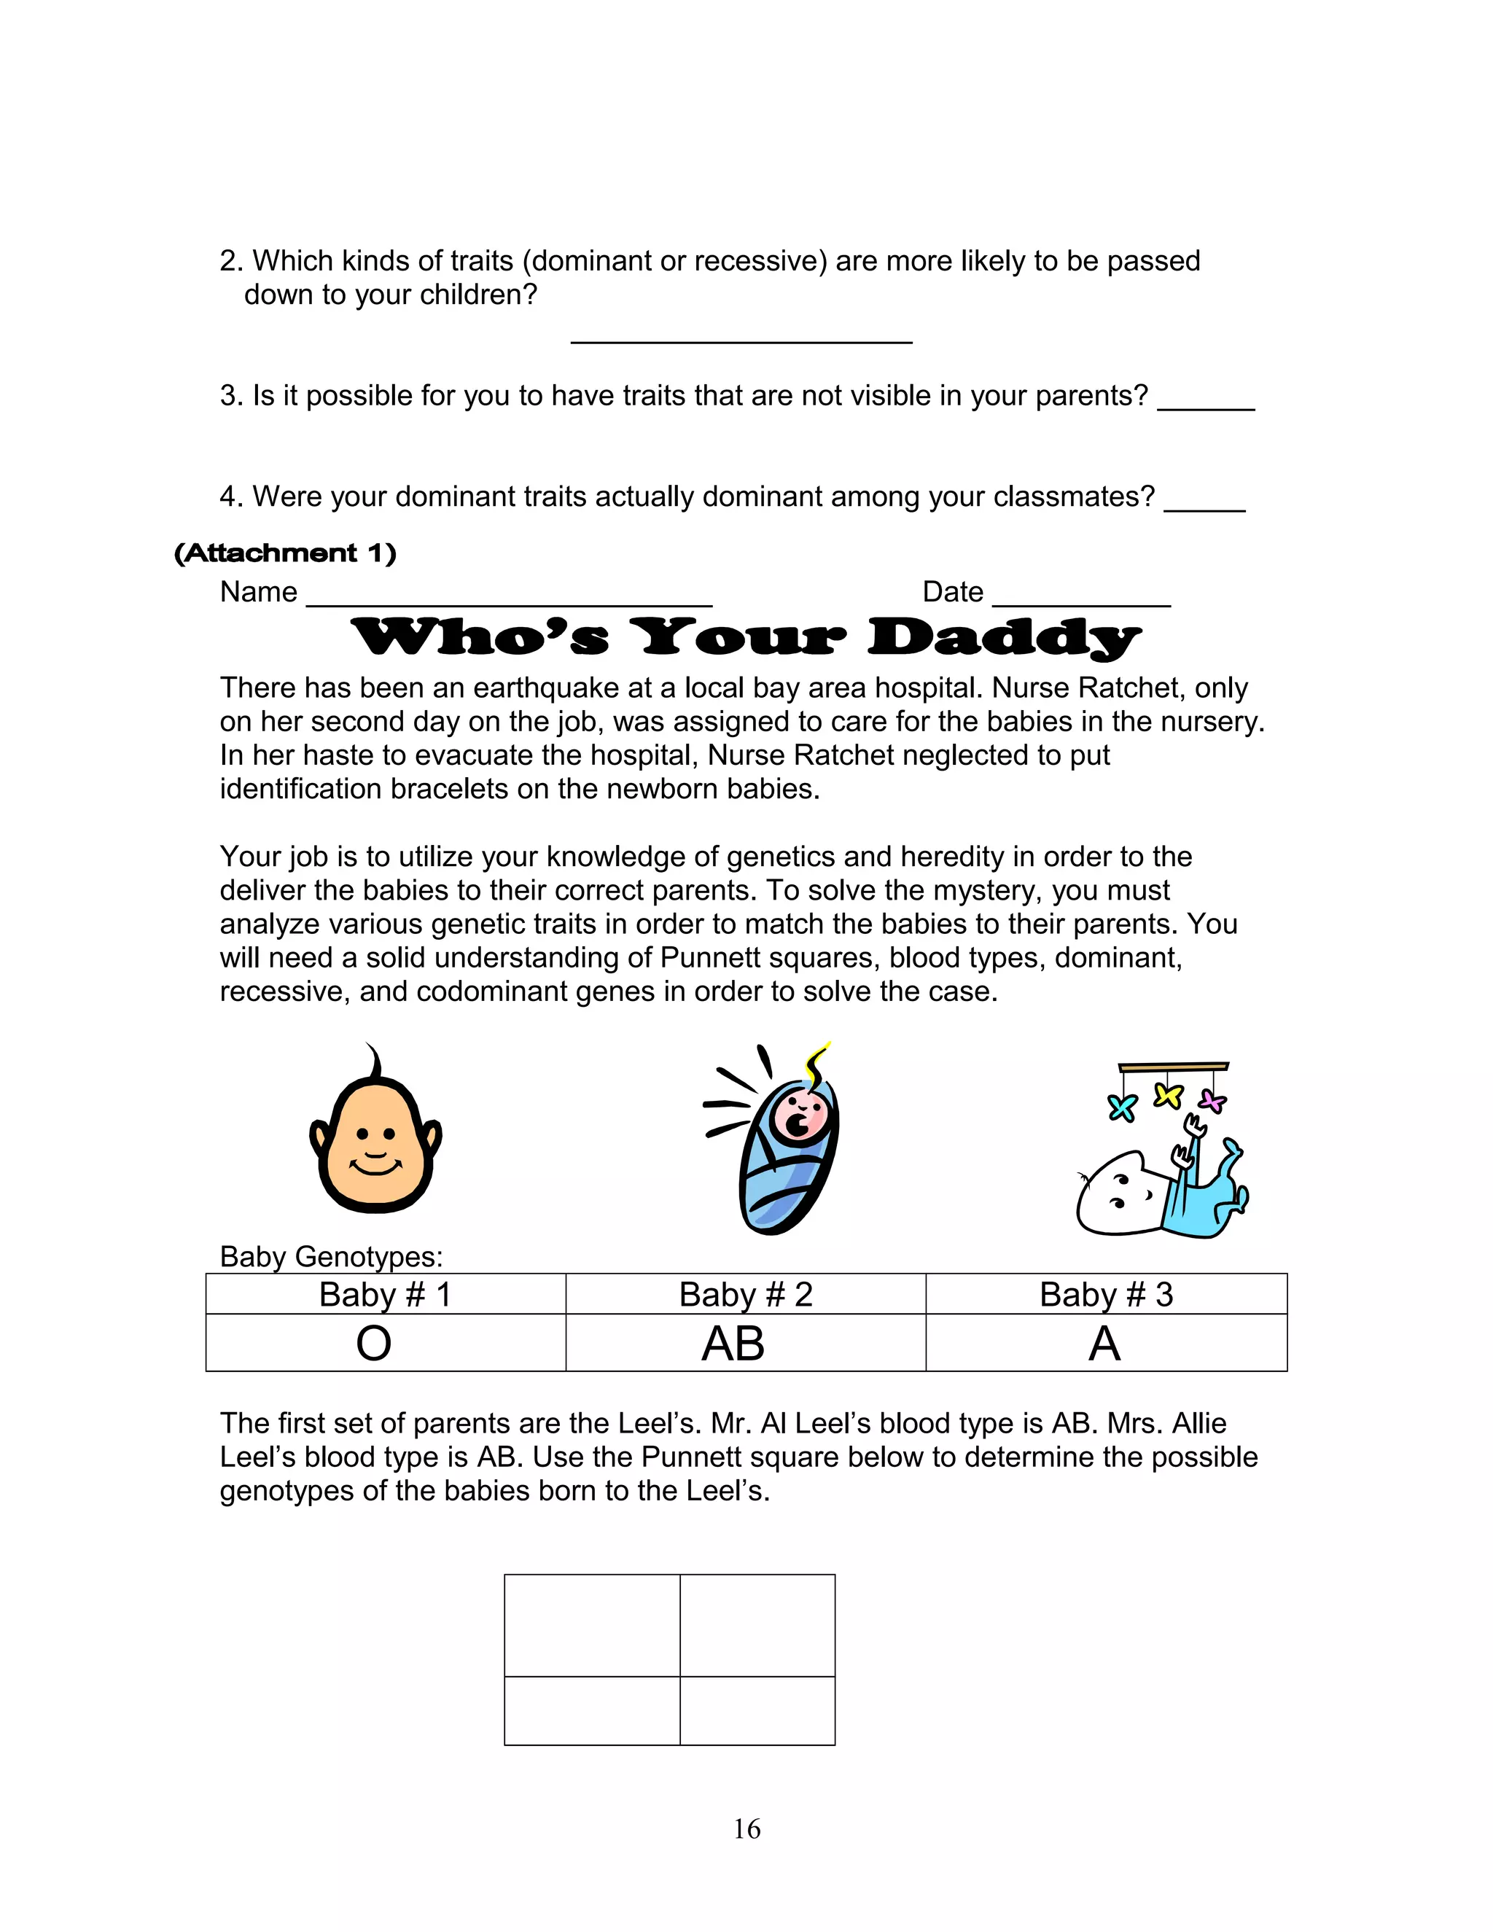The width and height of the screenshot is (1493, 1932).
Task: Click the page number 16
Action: (x=746, y=1828)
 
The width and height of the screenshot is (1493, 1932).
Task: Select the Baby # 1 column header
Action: (x=386, y=1294)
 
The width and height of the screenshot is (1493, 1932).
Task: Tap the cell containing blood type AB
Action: (x=745, y=1343)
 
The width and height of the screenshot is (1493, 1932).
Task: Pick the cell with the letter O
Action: (x=386, y=1343)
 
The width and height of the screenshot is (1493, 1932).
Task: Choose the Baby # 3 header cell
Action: (x=1106, y=1294)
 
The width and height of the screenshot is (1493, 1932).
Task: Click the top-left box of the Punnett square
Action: (x=592, y=1625)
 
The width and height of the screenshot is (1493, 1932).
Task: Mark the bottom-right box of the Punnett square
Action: (x=757, y=1710)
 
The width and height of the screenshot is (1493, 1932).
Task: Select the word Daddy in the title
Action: (x=1004, y=638)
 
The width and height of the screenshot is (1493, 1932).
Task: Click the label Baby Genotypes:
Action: (x=331, y=1256)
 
